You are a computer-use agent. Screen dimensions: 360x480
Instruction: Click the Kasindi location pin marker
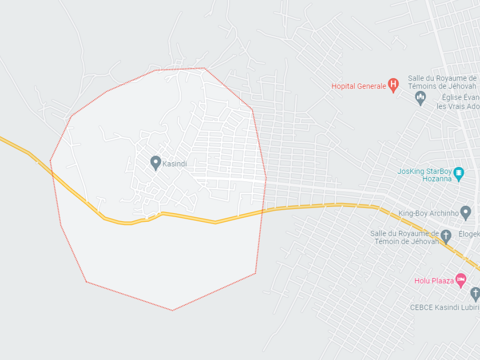point(156,163)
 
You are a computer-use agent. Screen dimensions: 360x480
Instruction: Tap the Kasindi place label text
point(174,164)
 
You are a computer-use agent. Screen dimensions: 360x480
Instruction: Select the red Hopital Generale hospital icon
point(394,85)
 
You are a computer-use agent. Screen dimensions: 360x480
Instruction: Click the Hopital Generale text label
point(359,86)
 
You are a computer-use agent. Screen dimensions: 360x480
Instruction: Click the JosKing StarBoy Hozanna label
point(425,175)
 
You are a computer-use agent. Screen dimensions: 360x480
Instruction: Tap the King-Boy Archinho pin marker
point(465,212)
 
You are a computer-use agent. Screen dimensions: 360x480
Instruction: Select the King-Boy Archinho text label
point(428,213)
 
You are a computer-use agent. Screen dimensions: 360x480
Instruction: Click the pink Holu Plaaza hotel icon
point(461,280)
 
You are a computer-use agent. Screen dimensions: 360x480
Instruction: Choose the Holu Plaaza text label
point(434,281)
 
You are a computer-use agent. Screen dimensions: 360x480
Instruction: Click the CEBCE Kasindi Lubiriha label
point(444,308)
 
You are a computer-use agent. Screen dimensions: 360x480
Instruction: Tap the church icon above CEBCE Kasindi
point(475,294)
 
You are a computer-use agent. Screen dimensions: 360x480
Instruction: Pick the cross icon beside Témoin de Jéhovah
point(446,236)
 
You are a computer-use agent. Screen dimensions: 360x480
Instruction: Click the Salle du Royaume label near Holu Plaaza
point(405,237)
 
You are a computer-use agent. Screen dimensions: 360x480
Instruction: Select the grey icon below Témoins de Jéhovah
point(420,97)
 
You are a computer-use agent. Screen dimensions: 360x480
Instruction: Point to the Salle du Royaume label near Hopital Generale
point(442,82)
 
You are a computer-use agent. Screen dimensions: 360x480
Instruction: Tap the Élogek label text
point(469,234)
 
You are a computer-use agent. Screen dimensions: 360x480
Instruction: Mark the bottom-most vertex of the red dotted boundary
point(172,310)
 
